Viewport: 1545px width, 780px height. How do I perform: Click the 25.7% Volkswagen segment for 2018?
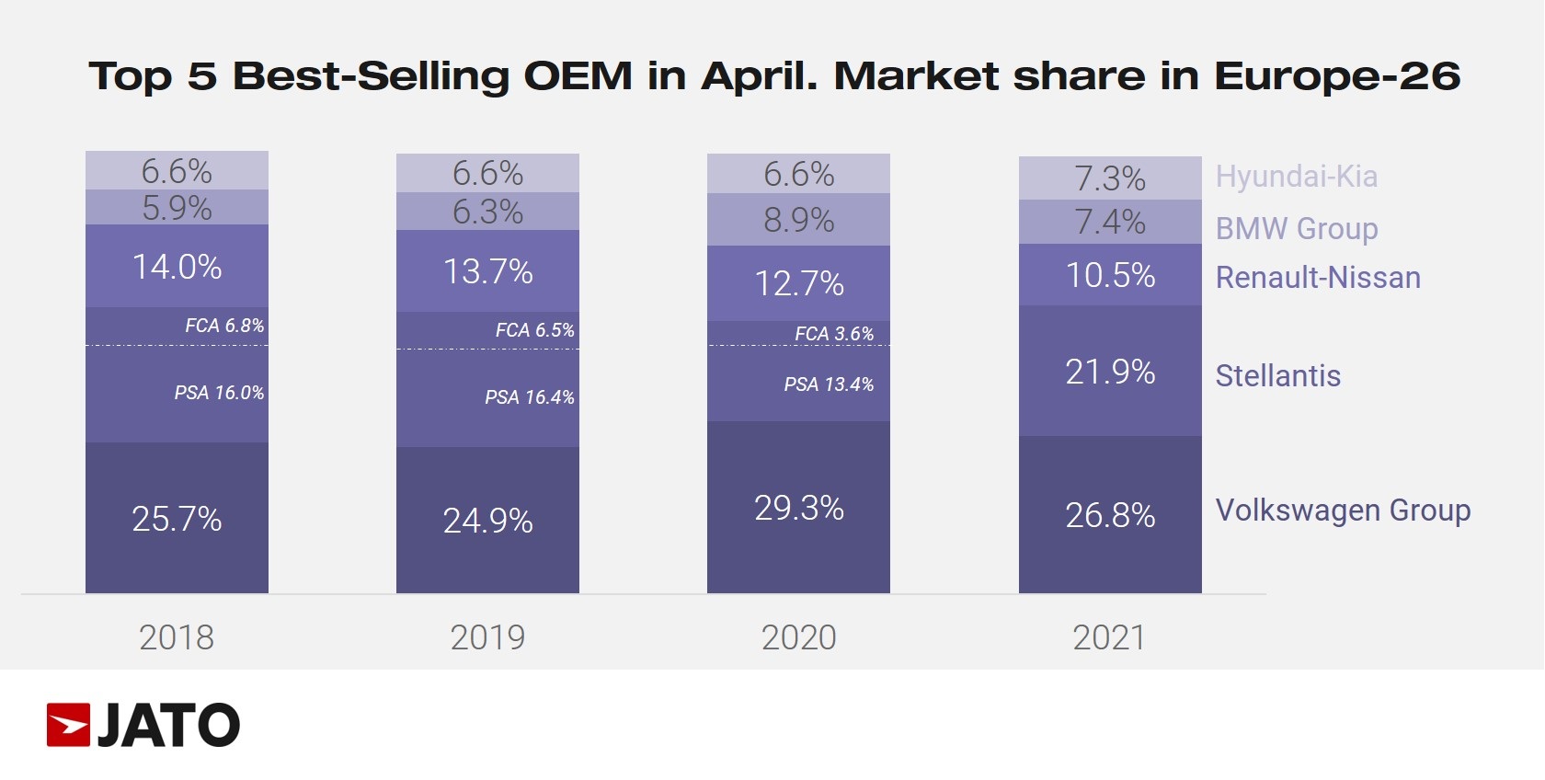177,519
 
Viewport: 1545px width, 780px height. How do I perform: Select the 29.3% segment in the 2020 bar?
798,508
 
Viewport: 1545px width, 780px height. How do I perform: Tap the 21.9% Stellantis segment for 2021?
1110,372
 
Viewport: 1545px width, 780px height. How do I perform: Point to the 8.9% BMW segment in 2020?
798,220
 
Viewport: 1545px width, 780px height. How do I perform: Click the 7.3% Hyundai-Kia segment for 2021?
1110,178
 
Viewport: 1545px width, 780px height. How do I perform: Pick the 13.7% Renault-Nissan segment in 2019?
487,271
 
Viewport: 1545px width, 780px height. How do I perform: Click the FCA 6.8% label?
224,326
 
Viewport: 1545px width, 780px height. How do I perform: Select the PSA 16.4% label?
530,397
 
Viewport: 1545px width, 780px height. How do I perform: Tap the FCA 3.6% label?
834,334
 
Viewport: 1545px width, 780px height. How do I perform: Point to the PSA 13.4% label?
829,384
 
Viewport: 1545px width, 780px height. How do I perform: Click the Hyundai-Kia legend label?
1296,177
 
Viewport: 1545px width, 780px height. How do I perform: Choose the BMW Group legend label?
1296,228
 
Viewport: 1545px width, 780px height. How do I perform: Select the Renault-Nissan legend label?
1318,278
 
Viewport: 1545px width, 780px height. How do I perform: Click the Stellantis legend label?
1277,376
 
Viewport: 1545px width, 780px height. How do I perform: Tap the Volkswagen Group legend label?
1343,510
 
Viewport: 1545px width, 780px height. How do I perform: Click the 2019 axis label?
487,637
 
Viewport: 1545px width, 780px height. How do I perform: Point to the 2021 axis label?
1109,637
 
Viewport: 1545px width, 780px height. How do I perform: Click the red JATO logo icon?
68,725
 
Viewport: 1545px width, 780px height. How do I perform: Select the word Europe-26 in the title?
1337,76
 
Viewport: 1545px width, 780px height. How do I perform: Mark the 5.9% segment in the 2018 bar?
177,208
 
